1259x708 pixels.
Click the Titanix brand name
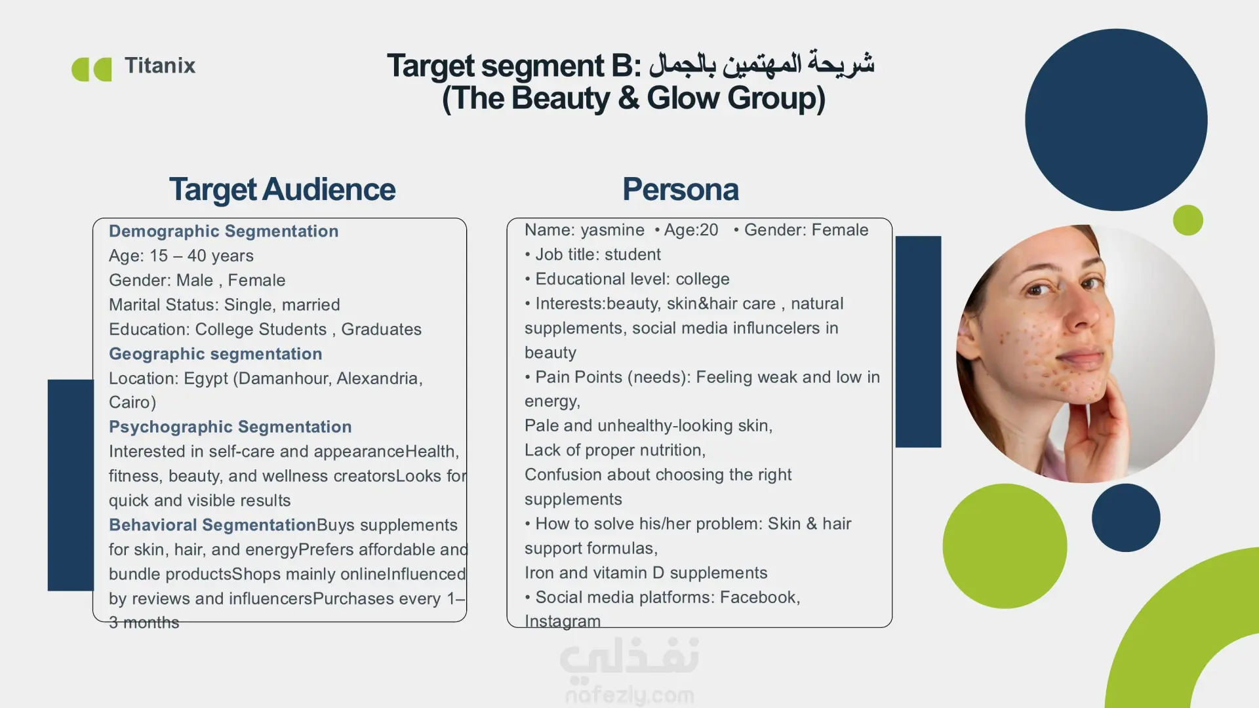(160, 66)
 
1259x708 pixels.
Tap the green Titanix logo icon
(92, 69)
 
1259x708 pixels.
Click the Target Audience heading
(282, 189)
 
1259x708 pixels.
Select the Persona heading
(681, 189)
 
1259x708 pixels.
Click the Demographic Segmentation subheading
(224, 231)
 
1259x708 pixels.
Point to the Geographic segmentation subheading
(216, 354)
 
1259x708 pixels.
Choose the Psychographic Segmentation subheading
(230, 427)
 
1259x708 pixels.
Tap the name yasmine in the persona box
(612, 231)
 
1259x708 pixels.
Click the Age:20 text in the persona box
(691, 230)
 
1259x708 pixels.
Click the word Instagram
(563, 621)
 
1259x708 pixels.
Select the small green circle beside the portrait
(1188, 220)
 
